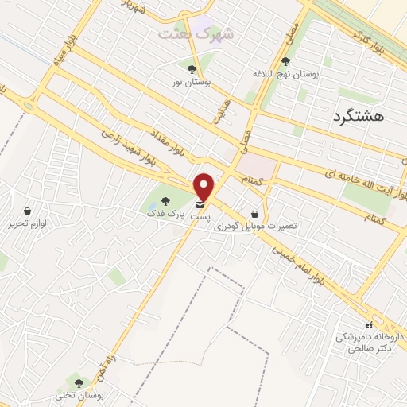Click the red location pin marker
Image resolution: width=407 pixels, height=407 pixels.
click(x=204, y=187)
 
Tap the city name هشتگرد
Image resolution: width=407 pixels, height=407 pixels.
click(x=355, y=116)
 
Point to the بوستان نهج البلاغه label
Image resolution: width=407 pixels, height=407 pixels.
click(x=311, y=73)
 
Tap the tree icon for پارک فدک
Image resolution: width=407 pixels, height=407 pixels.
click(x=165, y=202)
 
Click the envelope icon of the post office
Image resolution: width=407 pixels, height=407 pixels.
click(x=199, y=206)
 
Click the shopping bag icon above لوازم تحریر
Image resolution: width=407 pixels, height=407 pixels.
click(x=29, y=211)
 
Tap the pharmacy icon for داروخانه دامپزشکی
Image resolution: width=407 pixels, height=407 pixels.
click(x=368, y=325)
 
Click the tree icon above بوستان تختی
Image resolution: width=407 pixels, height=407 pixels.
click(x=77, y=382)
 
